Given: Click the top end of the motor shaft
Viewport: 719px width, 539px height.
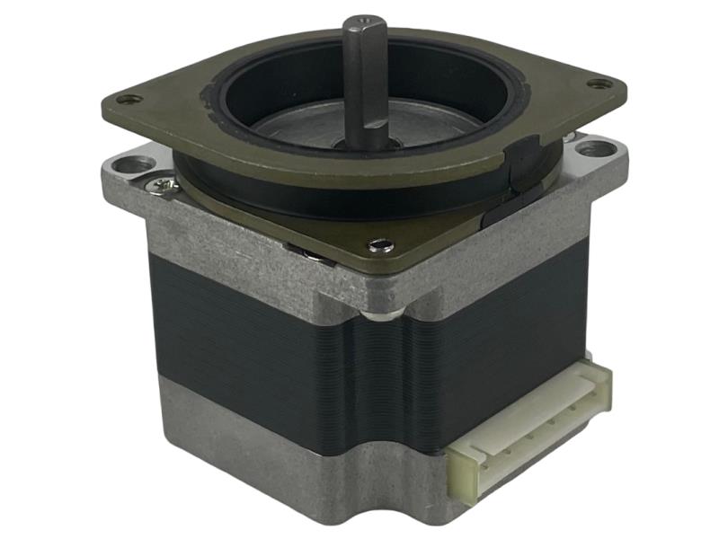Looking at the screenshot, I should pyautogui.click(x=361, y=22).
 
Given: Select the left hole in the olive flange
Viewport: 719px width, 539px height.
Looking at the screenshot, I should pyautogui.click(x=134, y=99).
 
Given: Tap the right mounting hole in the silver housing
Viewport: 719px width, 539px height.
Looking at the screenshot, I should pyautogui.click(x=591, y=148).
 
